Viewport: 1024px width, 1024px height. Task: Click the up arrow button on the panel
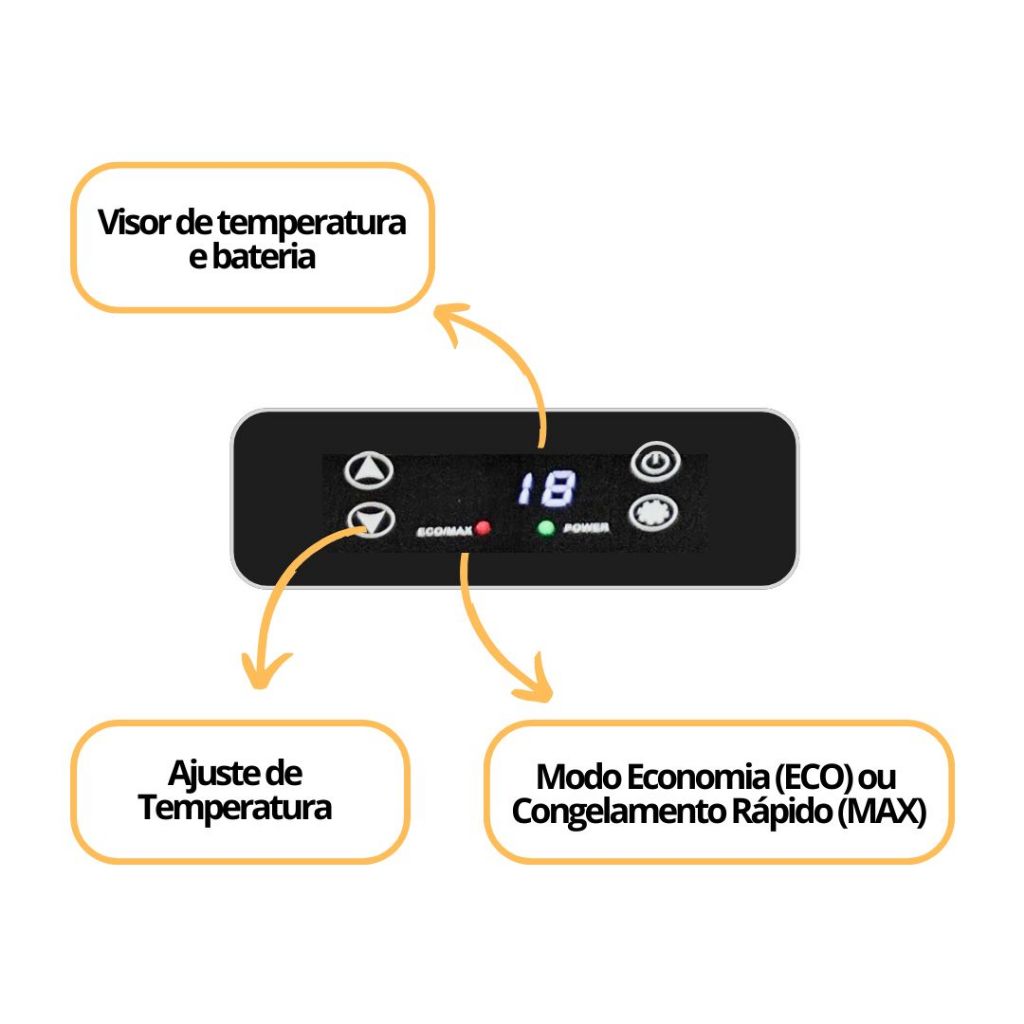tap(369, 469)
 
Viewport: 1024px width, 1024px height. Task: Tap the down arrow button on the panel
tap(369, 519)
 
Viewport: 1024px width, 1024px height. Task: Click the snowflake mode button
tap(654, 512)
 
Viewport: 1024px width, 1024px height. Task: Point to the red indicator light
tap(483, 528)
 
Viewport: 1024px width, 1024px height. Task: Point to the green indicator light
tap(546, 528)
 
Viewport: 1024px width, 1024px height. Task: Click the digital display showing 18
tap(546, 489)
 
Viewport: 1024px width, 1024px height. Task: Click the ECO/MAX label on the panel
tap(444, 530)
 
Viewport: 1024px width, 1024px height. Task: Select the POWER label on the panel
tap(586, 529)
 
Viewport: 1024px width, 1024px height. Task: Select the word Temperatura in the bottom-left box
tap(236, 807)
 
